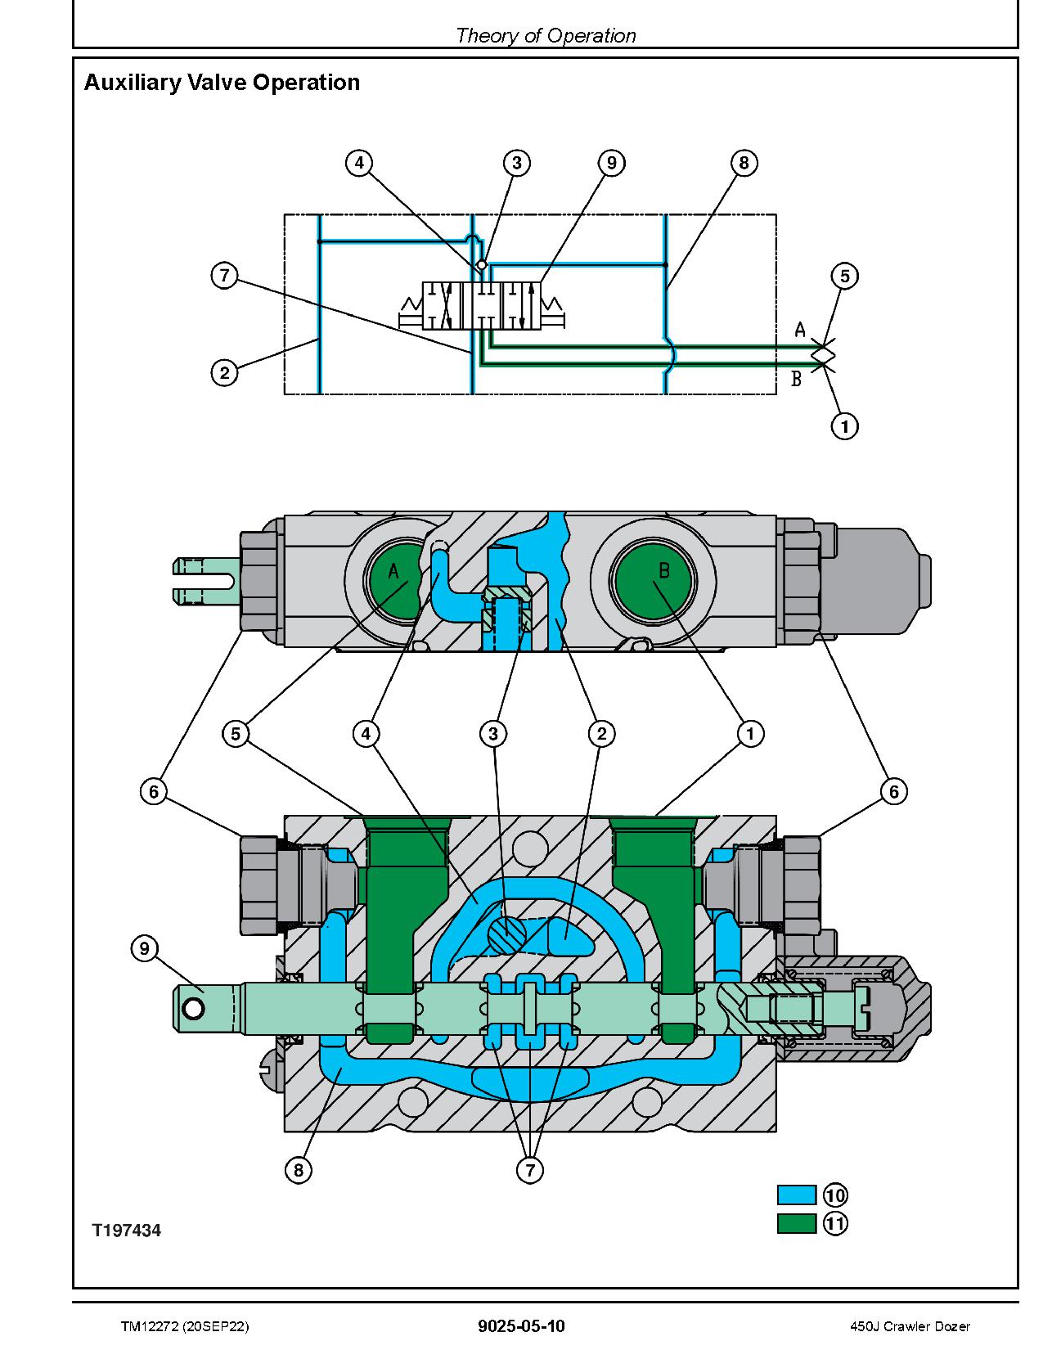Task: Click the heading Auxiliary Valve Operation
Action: point(222,83)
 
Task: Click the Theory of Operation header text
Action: point(546,35)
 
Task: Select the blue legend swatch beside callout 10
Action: point(796,1195)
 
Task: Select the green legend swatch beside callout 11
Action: point(796,1223)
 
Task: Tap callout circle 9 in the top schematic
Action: point(611,163)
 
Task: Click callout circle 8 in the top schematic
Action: point(744,163)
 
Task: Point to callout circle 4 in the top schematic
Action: point(358,163)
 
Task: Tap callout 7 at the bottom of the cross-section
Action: point(530,1171)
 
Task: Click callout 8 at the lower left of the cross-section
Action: point(298,1171)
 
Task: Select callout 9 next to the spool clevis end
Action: point(144,948)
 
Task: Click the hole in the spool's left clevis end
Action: point(194,1009)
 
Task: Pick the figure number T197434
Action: point(126,1231)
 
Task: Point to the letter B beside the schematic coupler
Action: point(796,379)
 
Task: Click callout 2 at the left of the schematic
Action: point(224,373)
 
